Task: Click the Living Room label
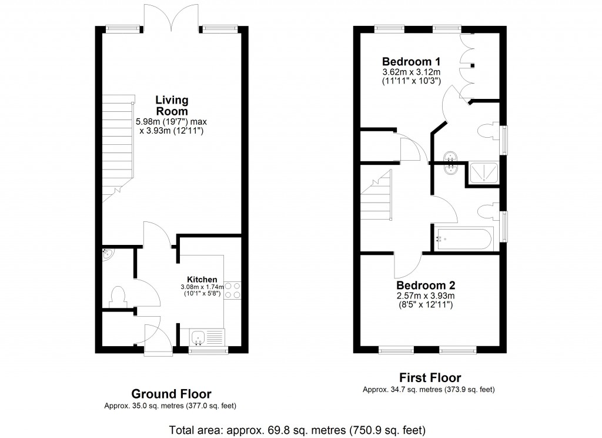[171, 105]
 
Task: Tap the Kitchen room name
[202, 279]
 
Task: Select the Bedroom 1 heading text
[411, 62]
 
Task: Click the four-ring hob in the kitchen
[232, 291]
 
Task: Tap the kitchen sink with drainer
[206, 337]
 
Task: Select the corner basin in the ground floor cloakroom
[107, 254]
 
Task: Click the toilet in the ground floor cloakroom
[118, 296]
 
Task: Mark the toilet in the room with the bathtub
[487, 212]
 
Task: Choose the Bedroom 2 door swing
[407, 264]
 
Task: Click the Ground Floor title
[171, 394]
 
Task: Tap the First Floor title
[430, 378]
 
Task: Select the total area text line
[297, 429]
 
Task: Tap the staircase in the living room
[116, 150]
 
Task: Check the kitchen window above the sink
[208, 351]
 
